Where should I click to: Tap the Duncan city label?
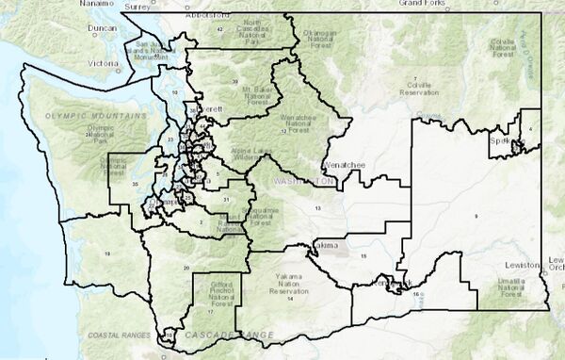pyautogui.click(x=101, y=29)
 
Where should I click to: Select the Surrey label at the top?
pyautogui.click(x=137, y=5)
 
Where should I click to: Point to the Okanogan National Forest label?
pyautogui.click(x=320, y=38)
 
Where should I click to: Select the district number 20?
pyautogui.click(x=186, y=268)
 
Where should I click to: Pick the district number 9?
pyautogui.click(x=476, y=217)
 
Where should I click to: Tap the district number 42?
pyautogui.click(x=219, y=29)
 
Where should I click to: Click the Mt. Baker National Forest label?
pyautogui.click(x=227, y=90)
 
